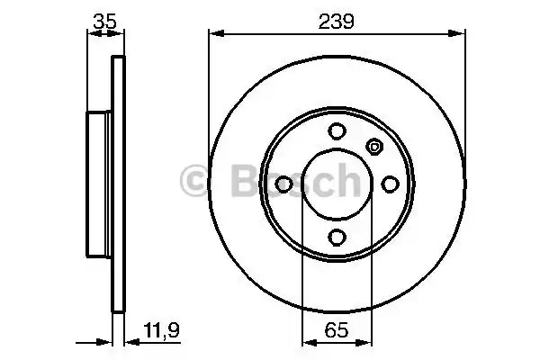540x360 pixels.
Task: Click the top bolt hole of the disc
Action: (337, 130)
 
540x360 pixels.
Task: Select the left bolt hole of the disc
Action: (283, 184)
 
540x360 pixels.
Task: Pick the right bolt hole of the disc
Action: (390, 184)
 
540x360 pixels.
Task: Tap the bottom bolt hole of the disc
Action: (337, 237)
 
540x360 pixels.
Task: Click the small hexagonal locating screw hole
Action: (374, 146)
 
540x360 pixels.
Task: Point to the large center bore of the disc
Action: (337, 184)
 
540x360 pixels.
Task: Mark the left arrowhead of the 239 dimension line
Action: (214, 35)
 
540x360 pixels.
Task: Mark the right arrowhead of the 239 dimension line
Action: (461, 35)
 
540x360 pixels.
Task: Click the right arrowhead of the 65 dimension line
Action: (367, 341)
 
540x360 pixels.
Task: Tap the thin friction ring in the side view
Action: (116, 184)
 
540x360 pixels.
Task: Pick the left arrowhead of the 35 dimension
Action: (91, 35)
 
